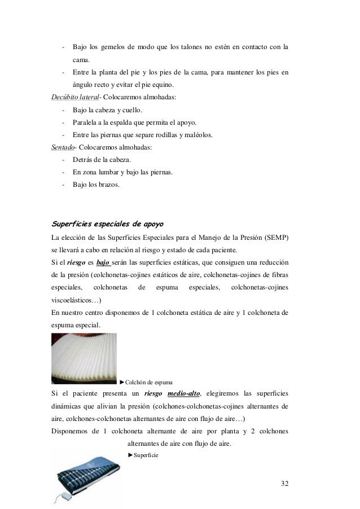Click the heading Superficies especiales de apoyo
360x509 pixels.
click(x=108, y=221)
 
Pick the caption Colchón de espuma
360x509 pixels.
click(x=149, y=382)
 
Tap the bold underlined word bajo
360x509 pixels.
click(x=103, y=262)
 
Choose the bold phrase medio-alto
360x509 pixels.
click(x=184, y=393)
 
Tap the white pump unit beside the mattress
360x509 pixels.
click(x=68, y=495)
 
